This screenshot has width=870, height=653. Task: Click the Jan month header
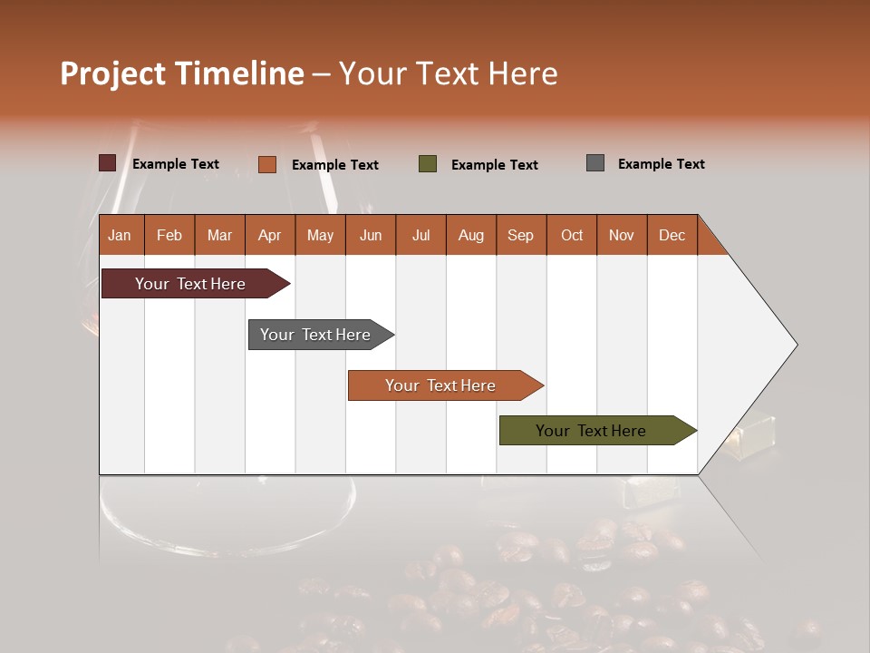(x=121, y=235)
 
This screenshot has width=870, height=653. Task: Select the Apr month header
(x=270, y=235)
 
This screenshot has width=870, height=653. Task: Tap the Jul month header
(x=420, y=235)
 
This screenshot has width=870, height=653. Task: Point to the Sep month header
(x=521, y=235)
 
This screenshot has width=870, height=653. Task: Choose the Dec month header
(x=672, y=235)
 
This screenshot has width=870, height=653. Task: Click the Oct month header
(x=571, y=235)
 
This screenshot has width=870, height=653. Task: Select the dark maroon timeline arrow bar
(x=190, y=284)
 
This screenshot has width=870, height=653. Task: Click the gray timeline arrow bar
(x=315, y=335)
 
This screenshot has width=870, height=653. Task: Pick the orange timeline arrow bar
(x=440, y=385)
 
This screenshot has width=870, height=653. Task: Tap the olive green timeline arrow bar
(x=591, y=431)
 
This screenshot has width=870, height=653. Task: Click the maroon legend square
(x=107, y=163)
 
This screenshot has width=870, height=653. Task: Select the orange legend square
(x=266, y=164)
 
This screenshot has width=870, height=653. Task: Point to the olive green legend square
(x=428, y=164)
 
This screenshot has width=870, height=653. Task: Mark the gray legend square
(x=594, y=163)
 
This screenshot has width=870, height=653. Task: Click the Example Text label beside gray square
(x=661, y=164)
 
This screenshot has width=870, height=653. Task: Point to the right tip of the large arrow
(x=795, y=344)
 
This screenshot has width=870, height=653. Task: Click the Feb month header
(x=169, y=235)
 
